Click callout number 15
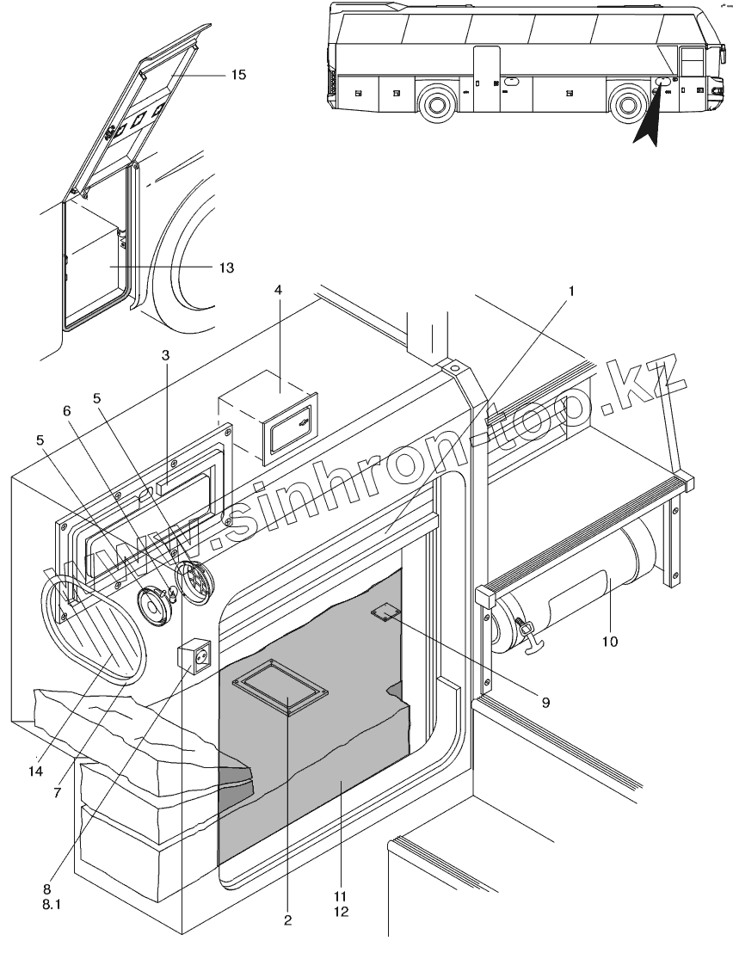pos(238,75)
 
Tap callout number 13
pos(226,267)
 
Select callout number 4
pos(278,290)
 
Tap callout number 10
pos(610,641)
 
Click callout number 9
pos(545,701)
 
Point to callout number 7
pos(57,792)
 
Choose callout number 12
pos(342,910)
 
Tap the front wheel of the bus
pos(629,105)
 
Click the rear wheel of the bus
pos(438,105)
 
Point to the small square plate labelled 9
pos(385,612)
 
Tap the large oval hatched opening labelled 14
pos(92,630)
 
